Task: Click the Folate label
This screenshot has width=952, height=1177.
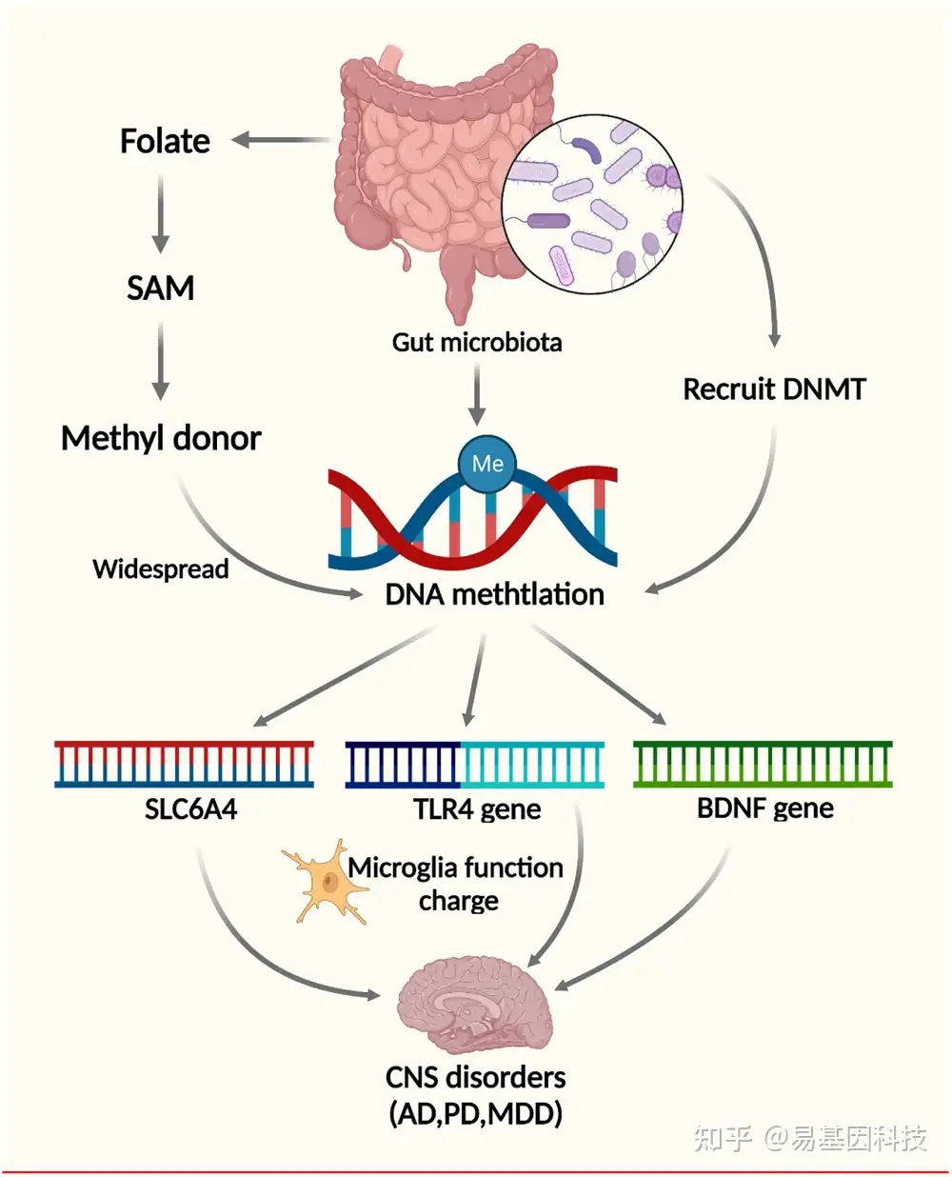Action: [165, 141]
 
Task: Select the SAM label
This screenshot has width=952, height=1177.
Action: [160, 288]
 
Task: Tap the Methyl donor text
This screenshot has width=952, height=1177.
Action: [161, 438]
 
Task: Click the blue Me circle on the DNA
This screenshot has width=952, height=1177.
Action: [487, 463]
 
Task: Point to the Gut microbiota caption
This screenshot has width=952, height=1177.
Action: [477, 342]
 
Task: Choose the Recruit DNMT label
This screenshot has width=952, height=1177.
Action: [774, 389]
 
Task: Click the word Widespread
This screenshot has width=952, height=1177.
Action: [161, 569]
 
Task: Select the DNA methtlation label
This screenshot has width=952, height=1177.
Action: [494, 594]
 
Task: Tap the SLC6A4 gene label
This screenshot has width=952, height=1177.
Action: [190, 809]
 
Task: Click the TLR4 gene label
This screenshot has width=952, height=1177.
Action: [477, 809]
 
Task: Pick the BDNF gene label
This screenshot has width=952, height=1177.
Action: [764, 808]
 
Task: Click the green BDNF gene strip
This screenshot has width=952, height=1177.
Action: [763, 764]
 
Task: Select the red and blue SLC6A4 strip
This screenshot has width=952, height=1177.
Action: [185, 765]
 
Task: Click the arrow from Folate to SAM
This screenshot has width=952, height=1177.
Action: [161, 213]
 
